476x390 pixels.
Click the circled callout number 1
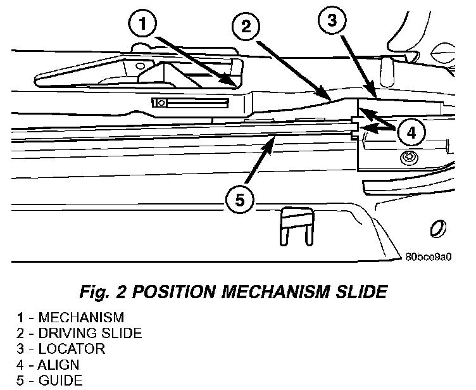click(142, 23)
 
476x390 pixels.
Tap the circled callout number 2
click(246, 26)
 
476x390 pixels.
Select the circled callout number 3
click(332, 20)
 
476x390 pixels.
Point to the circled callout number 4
click(411, 133)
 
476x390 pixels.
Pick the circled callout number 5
click(240, 200)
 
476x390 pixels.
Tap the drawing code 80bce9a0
click(429, 257)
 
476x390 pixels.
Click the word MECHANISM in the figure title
click(275, 292)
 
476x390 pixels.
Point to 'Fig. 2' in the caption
click(103, 292)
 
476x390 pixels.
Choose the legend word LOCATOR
click(72, 349)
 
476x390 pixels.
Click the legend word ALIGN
click(58, 365)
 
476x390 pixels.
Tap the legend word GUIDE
click(60, 381)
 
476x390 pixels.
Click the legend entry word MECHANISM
click(82, 317)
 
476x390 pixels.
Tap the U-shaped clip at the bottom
click(297, 227)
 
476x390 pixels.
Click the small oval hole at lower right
click(437, 229)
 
